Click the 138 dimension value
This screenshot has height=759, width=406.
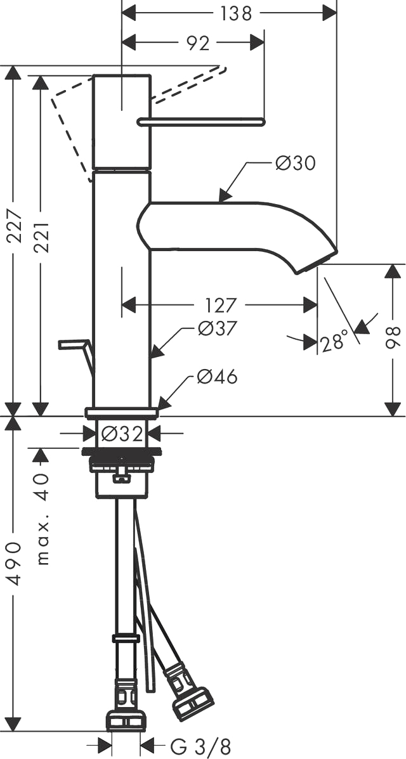pyautogui.click(x=237, y=13)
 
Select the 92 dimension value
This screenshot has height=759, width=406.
pyautogui.click(x=198, y=43)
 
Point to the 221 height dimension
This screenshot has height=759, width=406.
pyautogui.click(x=41, y=235)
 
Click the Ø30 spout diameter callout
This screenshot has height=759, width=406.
pyautogui.click(x=295, y=164)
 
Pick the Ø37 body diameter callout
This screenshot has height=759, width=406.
pyautogui.click(x=217, y=328)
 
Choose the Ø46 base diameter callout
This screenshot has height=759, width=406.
pyautogui.click(x=217, y=377)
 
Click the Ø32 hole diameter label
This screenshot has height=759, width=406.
pyautogui.click(x=122, y=434)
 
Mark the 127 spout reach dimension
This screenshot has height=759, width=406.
pyautogui.click(x=221, y=306)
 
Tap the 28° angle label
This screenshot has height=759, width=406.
pyautogui.click(x=334, y=342)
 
